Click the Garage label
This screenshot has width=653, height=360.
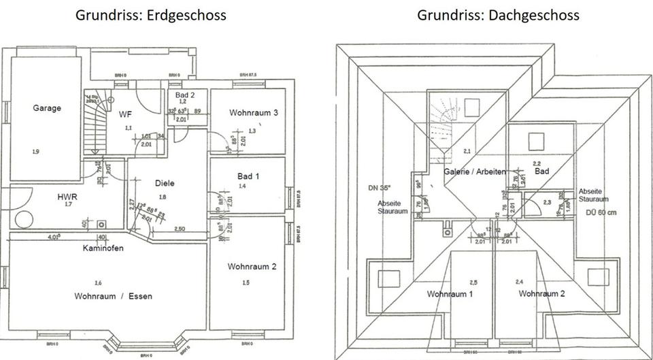click(x=47, y=108)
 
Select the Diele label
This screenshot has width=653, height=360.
click(x=165, y=183)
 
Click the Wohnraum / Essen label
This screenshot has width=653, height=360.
click(x=114, y=296)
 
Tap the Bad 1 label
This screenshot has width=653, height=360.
click(x=249, y=177)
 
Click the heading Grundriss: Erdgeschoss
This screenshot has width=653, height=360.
click(x=151, y=14)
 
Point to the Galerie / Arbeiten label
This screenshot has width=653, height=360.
click(x=475, y=171)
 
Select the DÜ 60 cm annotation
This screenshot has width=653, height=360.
click(x=601, y=211)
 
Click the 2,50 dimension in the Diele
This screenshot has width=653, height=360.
click(x=180, y=228)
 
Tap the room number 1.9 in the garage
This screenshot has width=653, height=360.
click(x=35, y=151)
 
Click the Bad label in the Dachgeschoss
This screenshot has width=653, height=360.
click(x=541, y=171)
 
